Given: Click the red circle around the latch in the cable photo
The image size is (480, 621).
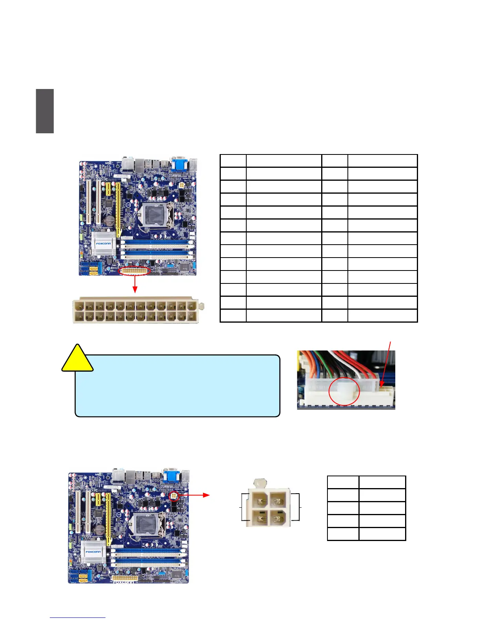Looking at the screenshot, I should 344,391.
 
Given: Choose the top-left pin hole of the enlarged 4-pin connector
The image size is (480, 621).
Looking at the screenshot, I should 259,500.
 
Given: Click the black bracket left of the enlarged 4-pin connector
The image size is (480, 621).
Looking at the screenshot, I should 244,507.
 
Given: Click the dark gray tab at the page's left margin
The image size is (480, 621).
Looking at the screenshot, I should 45,111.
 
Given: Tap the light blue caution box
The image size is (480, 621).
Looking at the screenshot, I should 177,386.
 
